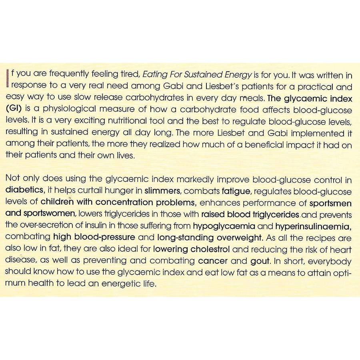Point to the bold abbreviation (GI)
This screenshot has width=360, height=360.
point(14,110)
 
